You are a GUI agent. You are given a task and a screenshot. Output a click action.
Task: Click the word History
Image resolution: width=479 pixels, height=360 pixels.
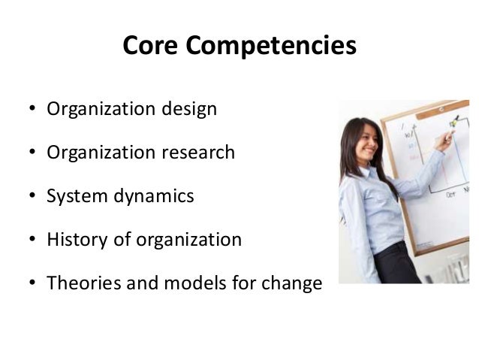click(77, 241)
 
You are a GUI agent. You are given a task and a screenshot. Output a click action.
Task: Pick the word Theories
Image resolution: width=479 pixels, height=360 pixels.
click(82, 284)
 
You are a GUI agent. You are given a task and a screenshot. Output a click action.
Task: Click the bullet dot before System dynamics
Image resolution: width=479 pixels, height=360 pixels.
click(33, 198)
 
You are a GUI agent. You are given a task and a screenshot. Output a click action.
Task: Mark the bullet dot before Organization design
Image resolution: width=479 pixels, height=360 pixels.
click(33, 110)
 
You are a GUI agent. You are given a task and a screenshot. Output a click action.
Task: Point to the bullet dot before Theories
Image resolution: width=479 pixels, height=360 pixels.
click(33, 285)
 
